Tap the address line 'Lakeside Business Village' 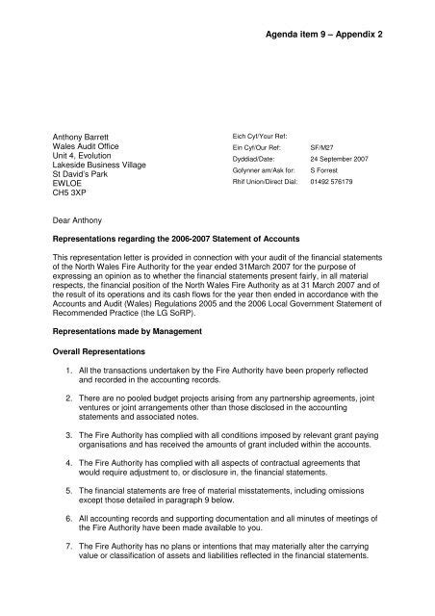coord(90,165)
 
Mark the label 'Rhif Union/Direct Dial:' coord(222,191)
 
